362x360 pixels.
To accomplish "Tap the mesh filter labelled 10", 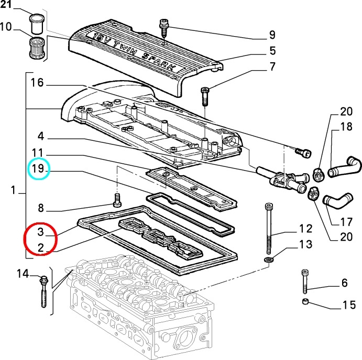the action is point(37,48).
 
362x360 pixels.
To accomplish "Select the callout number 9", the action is point(272,35).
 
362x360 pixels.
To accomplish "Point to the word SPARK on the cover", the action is point(160,62).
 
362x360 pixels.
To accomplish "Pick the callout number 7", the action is point(272,66).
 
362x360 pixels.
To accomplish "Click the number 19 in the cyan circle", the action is point(38,168).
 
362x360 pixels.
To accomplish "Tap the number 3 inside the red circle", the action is point(40,232).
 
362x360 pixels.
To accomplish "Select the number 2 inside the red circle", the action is point(41,248).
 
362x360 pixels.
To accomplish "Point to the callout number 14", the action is point(23,274).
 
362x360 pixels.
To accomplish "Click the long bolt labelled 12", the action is point(269,228).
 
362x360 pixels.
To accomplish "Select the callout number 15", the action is point(349,305).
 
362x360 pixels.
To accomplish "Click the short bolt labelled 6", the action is point(305,282).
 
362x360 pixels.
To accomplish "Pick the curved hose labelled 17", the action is point(337,199).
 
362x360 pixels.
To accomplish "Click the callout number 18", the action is point(346,127).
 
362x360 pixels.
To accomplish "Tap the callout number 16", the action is point(37,82).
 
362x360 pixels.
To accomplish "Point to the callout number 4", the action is point(41,136).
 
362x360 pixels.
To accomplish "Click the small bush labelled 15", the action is point(305,301).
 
